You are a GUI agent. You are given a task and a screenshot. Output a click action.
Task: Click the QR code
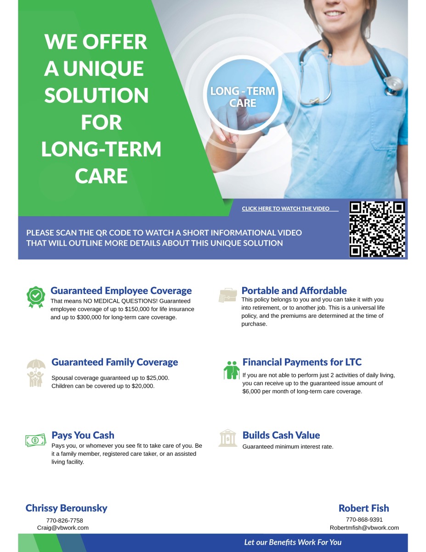[x=377, y=229]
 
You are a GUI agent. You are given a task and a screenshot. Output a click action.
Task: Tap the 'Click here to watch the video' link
[x=285, y=208]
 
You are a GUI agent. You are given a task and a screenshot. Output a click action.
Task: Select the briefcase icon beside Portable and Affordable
[x=227, y=295]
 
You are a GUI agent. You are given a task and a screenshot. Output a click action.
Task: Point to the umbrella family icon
[x=36, y=373]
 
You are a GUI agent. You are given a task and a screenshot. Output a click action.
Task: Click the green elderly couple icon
[x=232, y=370]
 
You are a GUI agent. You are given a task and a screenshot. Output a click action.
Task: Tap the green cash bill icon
[x=35, y=440]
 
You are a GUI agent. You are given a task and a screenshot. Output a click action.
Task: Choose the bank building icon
[x=227, y=438]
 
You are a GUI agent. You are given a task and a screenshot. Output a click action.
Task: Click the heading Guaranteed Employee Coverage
[x=121, y=291]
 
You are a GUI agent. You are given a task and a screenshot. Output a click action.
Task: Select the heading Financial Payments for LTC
[x=302, y=362]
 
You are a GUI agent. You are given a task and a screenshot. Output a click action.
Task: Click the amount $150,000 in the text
[x=137, y=309]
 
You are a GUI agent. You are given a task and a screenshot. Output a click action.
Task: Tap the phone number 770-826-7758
[x=65, y=521]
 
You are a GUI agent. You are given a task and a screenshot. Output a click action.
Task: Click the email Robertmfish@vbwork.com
[x=364, y=528]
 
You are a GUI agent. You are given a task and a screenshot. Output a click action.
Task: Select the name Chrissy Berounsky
[x=67, y=508]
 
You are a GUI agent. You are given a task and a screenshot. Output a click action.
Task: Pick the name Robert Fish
[x=364, y=508]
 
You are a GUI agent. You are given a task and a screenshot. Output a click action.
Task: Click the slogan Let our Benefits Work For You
[x=293, y=542]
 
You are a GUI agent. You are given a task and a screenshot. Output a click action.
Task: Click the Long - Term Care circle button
[x=242, y=94]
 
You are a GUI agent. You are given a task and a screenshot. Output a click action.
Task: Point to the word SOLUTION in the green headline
[x=97, y=95]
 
